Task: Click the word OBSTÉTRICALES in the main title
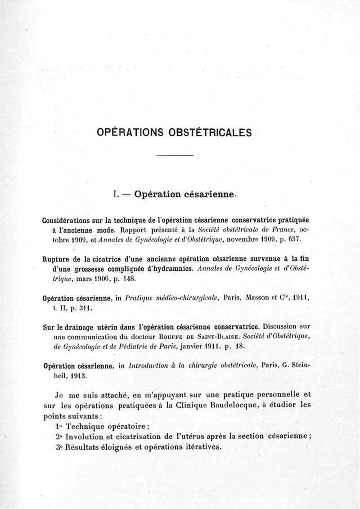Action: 210,133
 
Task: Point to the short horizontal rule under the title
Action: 174,155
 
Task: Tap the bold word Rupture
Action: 55,258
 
